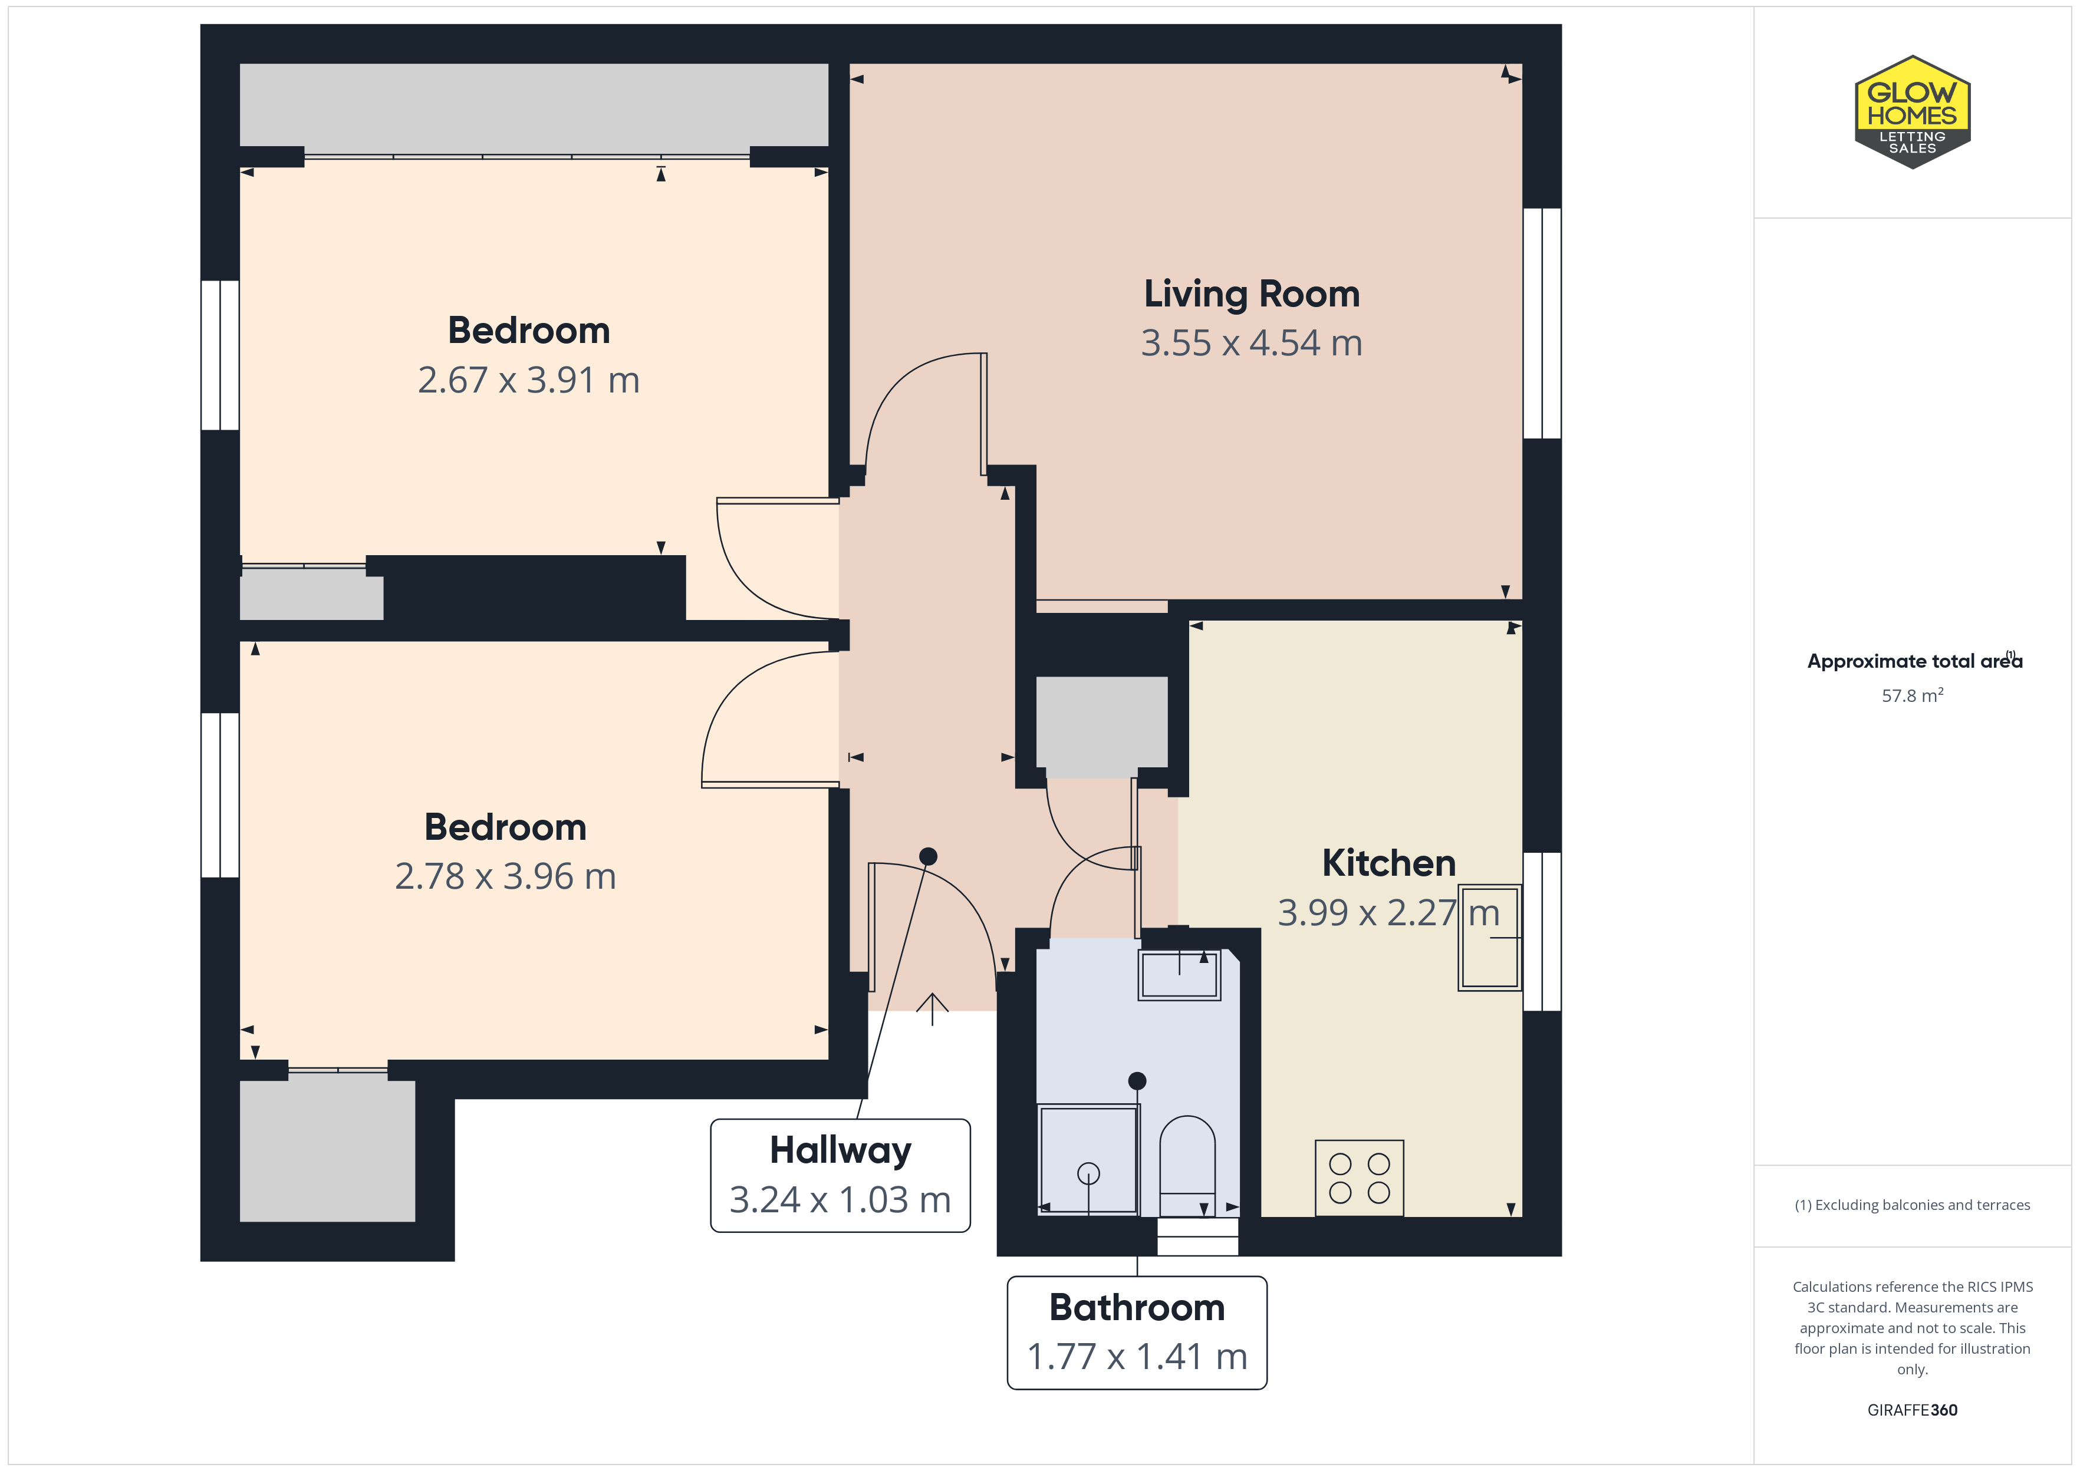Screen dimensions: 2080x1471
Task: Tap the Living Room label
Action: pyautogui.click(x=1251, y=295)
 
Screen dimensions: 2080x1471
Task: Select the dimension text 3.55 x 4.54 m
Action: pyautogui.click(x=1251, y=344)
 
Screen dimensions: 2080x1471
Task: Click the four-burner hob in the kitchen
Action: pyautogui.click(x=1359, y=1178)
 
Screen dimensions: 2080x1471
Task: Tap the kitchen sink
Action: pyautogui.click(x=1489, y=938)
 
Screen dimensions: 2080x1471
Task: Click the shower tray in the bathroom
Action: pyautogui.click(x=1088, y=1159)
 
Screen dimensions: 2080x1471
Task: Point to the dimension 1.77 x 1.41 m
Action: pyautogui.click(x=1137, y=1357)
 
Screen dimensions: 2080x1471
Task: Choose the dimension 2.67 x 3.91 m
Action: pyautogui.click(x=528, y=381)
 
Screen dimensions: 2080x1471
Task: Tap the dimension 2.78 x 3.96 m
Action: pyautogui.click(x=505, y=877)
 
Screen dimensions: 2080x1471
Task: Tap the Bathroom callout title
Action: pyautogui.click(x=1137, y=1308)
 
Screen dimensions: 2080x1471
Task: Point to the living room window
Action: pyautogui.click(x=1542, y=324)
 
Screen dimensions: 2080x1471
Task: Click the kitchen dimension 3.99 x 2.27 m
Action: pyautogui.click(x=1388, y=913)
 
